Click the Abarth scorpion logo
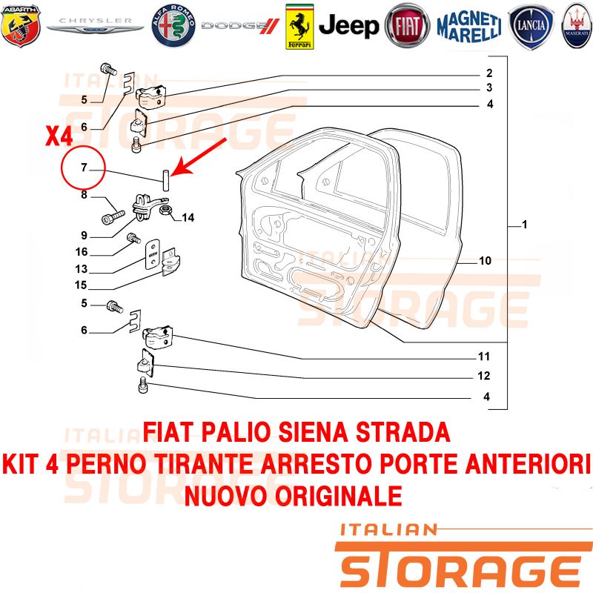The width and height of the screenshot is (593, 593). click(21, 25)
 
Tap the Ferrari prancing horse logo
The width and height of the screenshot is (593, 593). click(299, 27)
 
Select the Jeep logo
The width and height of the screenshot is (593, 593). click(348, 26)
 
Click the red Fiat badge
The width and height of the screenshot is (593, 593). click(407, 26)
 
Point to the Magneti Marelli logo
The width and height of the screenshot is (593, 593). click(469, 26)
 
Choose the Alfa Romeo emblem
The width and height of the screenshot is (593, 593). click(173, 26)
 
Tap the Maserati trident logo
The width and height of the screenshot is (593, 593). click(577, 26)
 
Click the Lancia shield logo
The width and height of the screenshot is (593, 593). click(531, 27)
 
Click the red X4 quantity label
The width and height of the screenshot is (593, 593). click(59, 136)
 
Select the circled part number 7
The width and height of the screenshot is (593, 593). click(84, 167)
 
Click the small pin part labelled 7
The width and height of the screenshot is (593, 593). click(165, 181)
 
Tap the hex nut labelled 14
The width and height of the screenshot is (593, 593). click(165, 211)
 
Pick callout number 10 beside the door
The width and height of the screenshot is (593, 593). click(486, 261)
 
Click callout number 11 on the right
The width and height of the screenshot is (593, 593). click(484, 357)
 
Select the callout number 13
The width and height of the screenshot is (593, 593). click(82, 269)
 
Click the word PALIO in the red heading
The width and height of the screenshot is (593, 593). click(236, 432)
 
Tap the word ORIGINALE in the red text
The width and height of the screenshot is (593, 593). click(338, 496)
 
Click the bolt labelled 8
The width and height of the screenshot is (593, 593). click(113, 217)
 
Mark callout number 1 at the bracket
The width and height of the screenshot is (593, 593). click(525, 225)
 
